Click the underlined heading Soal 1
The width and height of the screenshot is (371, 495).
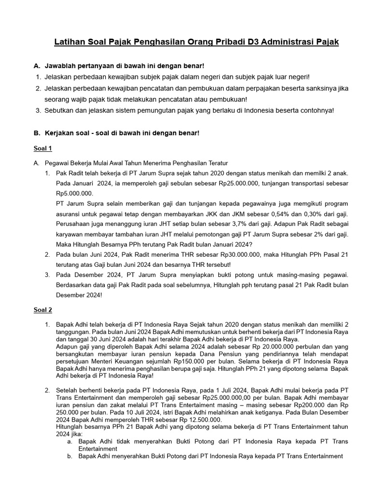click(43, 148)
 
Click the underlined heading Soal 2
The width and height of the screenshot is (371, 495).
click(43, 309)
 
